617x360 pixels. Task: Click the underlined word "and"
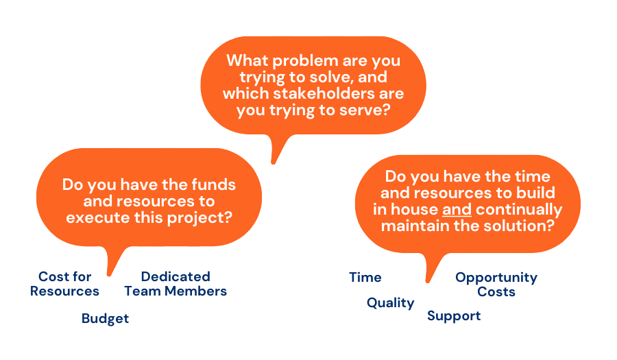coord(457,209)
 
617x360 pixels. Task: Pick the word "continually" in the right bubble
coord(519,210)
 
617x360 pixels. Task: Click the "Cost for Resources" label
coord(64,284)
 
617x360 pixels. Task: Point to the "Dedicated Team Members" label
coord(176,284)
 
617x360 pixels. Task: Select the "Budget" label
coord(105,318)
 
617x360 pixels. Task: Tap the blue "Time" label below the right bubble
coord(365,278)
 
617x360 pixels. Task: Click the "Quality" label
coord(390,303)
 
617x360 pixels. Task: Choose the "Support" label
coord(454,316)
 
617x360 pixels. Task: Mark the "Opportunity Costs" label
coord(496,285)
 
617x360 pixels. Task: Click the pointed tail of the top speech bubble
coord(274,161)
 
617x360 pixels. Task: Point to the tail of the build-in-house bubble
coord(428,280)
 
